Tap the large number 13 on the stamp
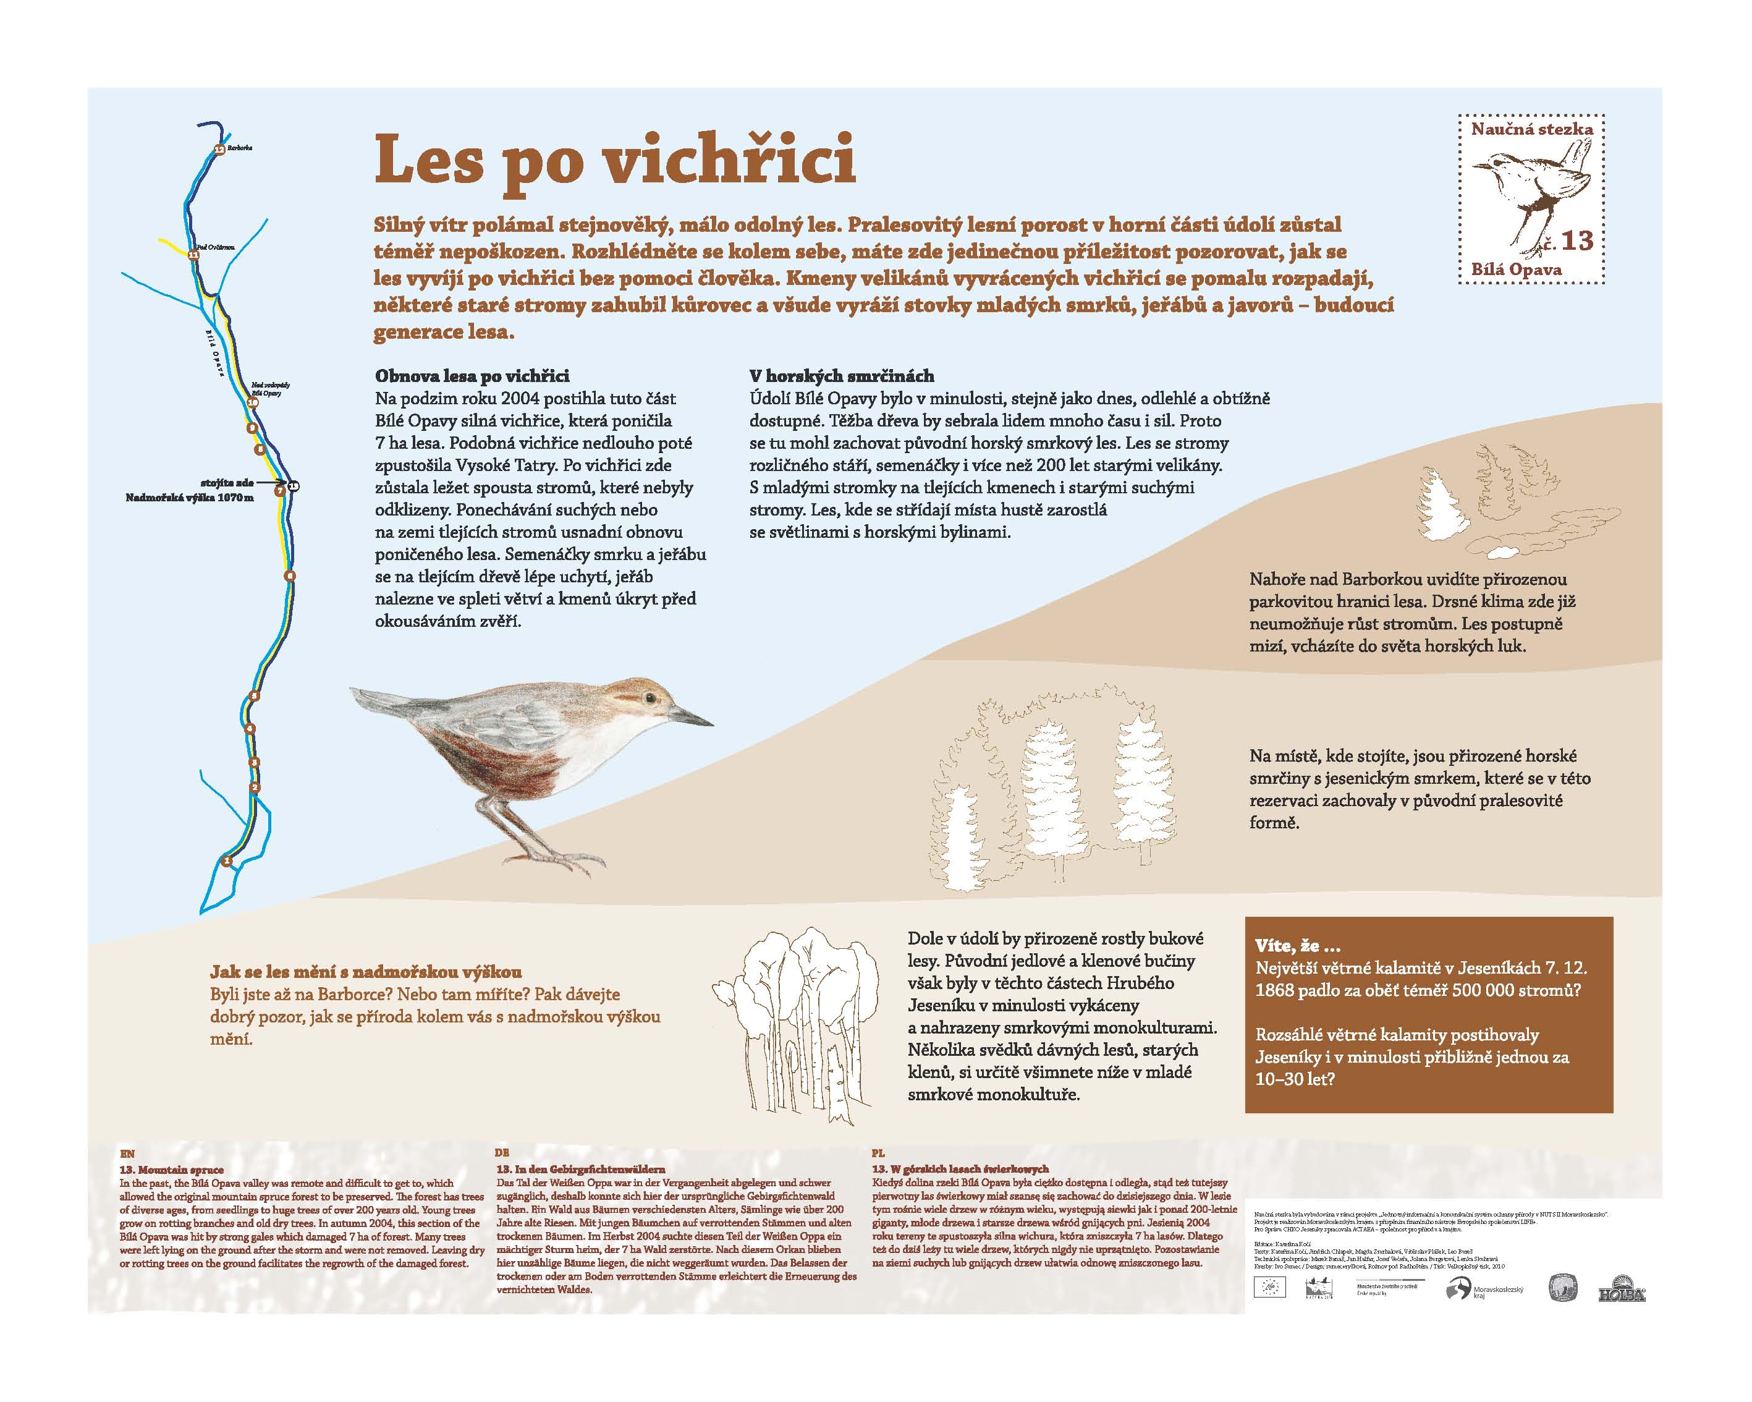[x=1576, y=240]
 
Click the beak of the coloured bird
[x=692, y=717]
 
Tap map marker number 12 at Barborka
[x=219, y=149]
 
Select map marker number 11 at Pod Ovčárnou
[x=193, y=255]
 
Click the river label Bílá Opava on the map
[x=213, y=352]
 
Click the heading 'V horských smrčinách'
[x=841, y=376]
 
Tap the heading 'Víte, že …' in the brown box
[x=1298, y=945]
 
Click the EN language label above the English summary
[x=127, y=1153]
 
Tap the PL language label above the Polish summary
[x=878, y=1153]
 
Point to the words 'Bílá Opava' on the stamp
[x=1517, y=269]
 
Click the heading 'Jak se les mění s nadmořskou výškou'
[x=366, y=972]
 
